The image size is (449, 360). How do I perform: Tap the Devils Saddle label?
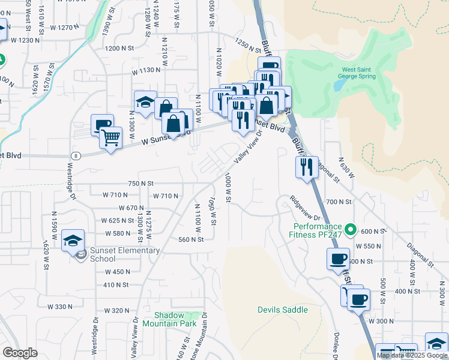tap(282, 310)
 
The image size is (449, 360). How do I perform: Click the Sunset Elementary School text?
tap(125, 254)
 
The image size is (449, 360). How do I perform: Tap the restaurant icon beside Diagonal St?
tap(306, 167)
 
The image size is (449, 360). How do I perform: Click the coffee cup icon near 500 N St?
tap(337, 259)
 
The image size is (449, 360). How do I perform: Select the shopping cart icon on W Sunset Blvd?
tap(110, 139)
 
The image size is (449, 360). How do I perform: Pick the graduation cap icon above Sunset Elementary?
tap(73, 241)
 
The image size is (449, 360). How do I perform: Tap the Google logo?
tap(20, 353)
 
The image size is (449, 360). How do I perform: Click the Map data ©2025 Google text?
tap(412, 355)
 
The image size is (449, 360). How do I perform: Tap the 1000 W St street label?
tap(228, 188)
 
